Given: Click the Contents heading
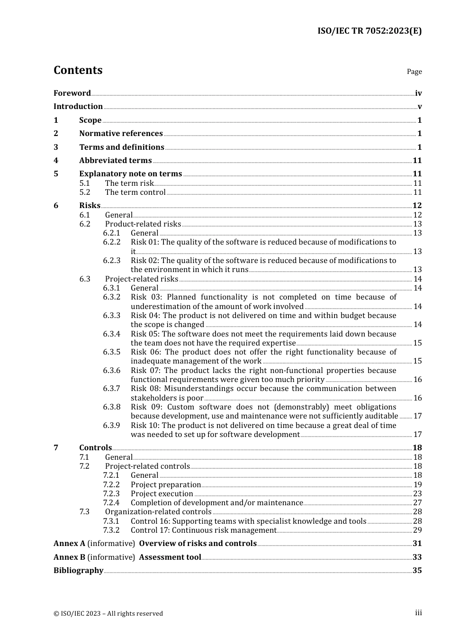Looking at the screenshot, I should coord(78,70).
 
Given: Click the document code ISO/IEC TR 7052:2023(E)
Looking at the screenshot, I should coord(369,31).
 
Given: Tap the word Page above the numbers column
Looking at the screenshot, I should coord(414,72).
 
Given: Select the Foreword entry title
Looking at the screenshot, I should coord(72,93).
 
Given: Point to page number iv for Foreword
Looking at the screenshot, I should coord(418,93).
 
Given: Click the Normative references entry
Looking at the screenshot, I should coord(121,134).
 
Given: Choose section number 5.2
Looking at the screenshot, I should coord(85,192).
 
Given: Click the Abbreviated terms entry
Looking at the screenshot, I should coord(115,161).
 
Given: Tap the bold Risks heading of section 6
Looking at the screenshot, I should coord(90,206).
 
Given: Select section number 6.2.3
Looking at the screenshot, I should coord(112,261).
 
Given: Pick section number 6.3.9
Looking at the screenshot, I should coord(112,426).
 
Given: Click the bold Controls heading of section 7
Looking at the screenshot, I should coord(95,448).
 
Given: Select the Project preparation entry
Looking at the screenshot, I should coord(166,485).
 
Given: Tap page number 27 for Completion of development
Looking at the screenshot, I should coord(417,503).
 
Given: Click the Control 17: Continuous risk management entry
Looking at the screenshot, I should coord(203,530).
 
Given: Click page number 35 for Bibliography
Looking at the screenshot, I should coord(417,571).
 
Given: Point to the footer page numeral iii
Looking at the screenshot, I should coord(418,613).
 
